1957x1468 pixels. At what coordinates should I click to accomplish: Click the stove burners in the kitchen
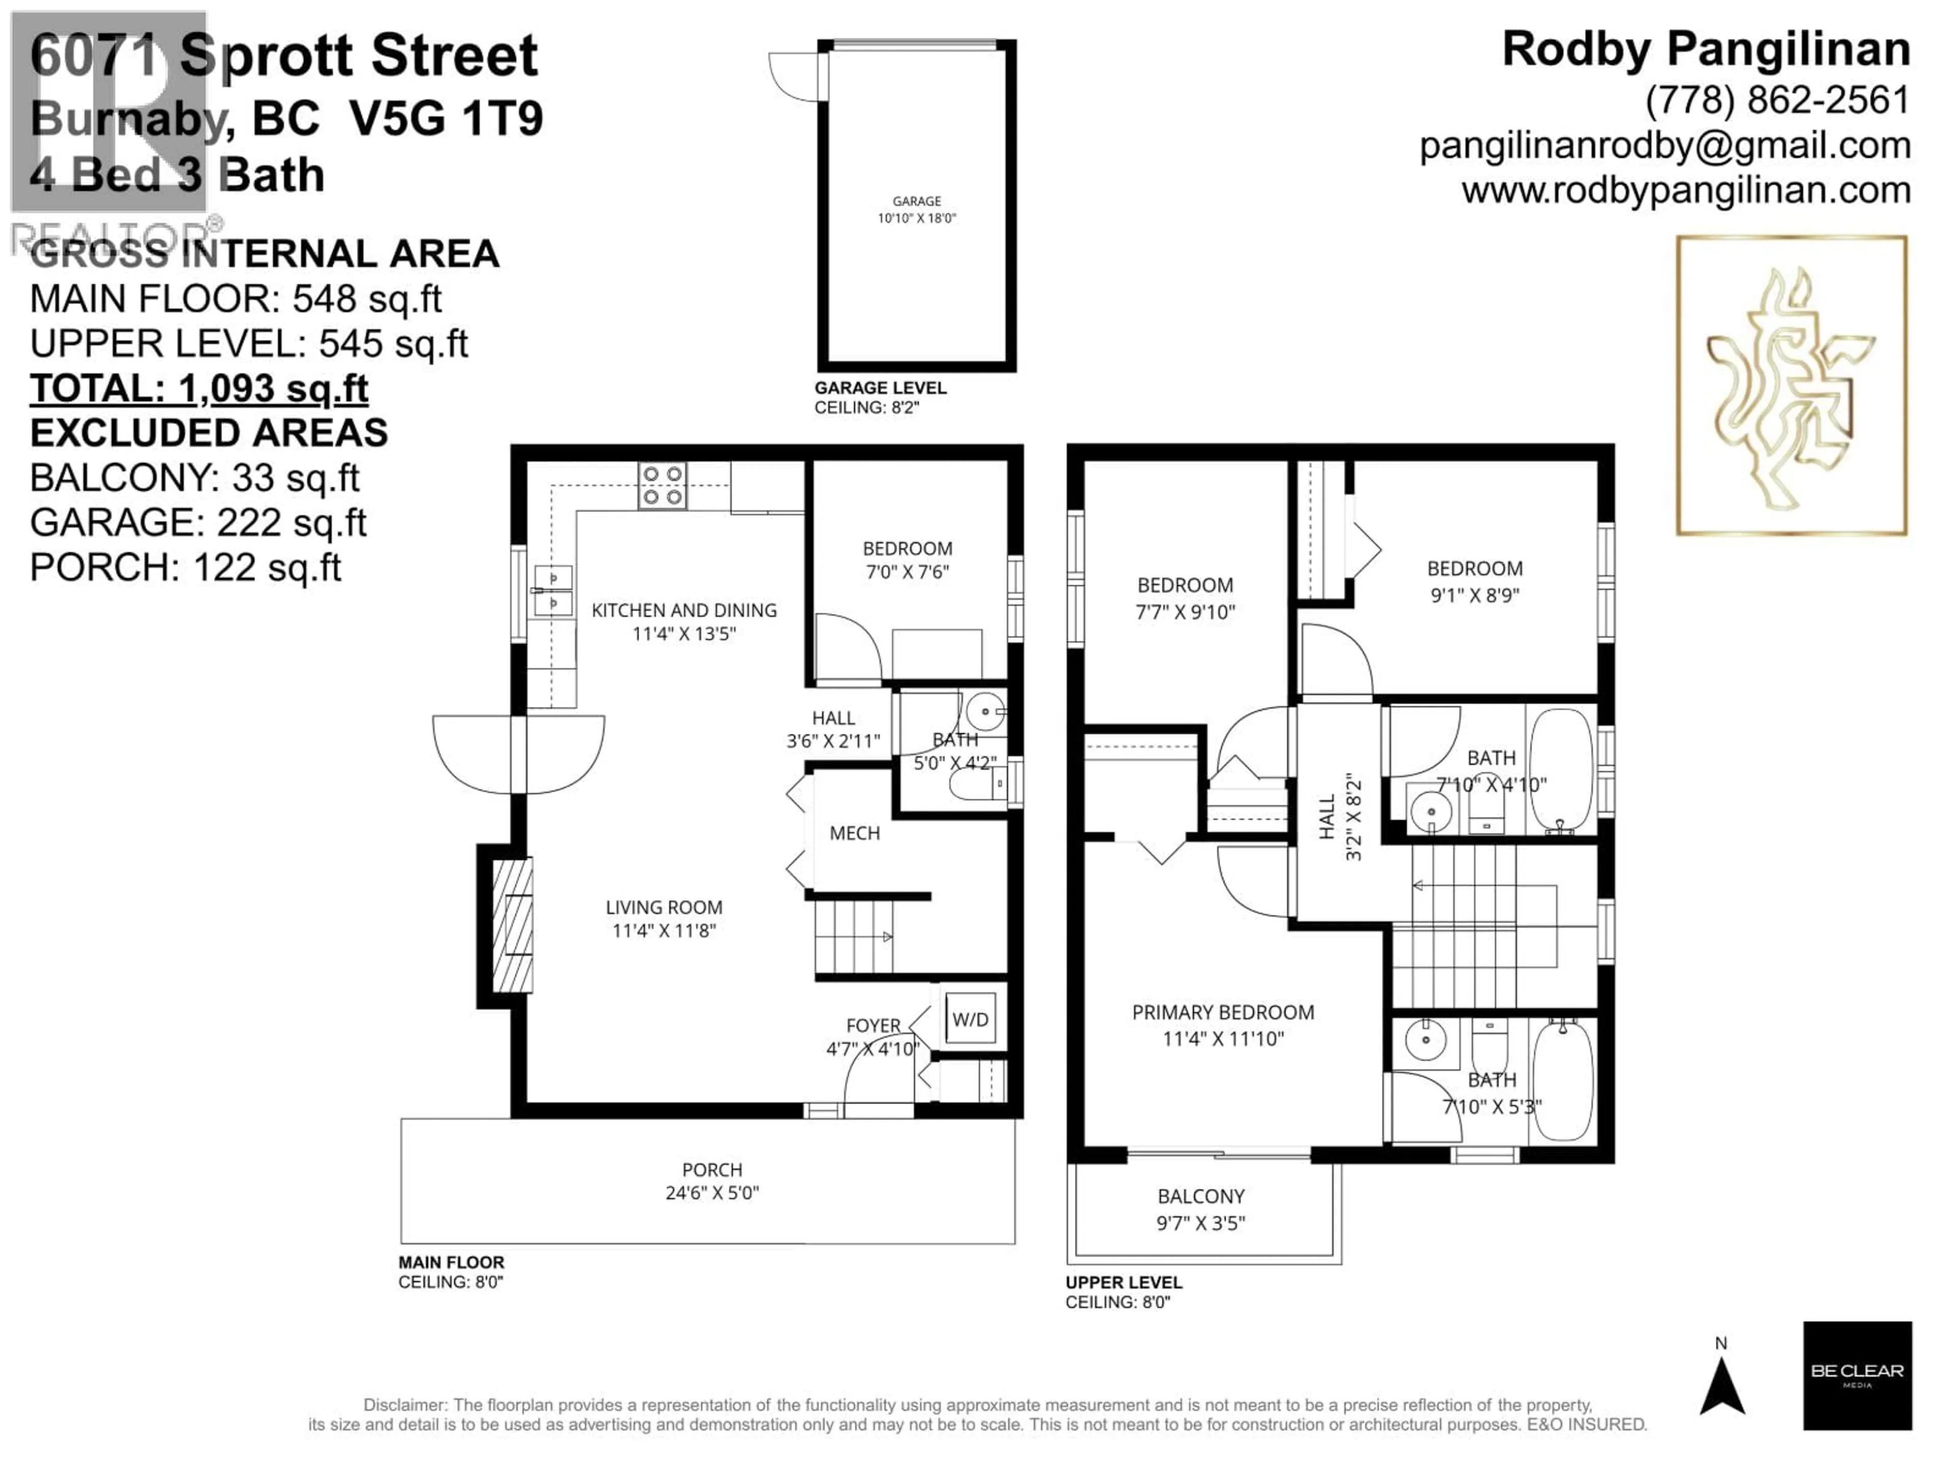click(663, 486)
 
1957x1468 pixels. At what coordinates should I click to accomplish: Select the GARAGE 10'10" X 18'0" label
click(916, 209)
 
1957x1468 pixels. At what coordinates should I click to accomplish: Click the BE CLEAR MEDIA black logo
click(1857, 1375)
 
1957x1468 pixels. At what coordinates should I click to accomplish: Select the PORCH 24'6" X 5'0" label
click(711, 1181)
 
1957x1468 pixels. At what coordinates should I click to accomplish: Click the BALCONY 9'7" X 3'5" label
click(1201, 1209)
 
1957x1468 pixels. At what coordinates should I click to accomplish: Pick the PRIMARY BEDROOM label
click(1223, 1025)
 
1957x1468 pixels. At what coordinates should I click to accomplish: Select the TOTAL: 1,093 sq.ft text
click(199, 388)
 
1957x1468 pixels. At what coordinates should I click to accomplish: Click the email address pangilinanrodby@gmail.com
click(1664, 146)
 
